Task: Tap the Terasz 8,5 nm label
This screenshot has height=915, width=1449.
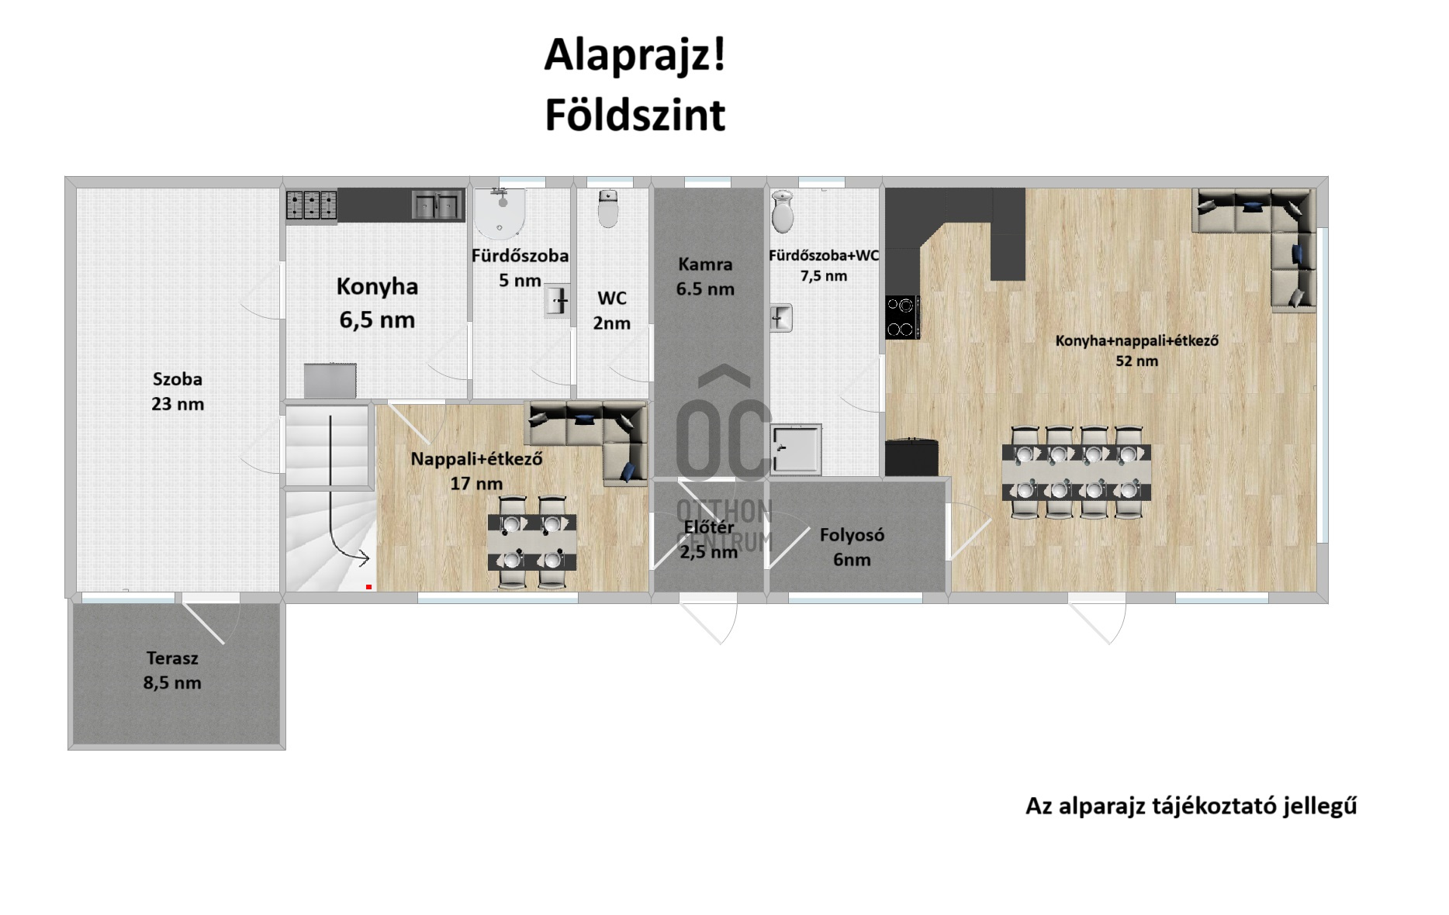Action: [x=172, y=670]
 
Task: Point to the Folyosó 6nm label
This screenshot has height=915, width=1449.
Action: [x=852, y=547]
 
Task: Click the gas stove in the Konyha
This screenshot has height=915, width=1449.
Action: [x=311, y=205]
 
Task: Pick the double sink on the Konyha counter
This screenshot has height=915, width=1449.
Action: [x=436, y=205]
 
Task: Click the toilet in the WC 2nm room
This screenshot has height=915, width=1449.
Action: [x=608, y=209]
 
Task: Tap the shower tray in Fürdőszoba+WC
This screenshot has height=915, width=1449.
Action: [x=797, y=449]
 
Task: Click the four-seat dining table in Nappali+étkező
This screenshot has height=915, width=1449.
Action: [x=532, y=540]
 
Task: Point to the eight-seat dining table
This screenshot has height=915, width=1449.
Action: [x=1077, y=471]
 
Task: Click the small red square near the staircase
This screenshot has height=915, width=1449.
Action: [x=368, y=587]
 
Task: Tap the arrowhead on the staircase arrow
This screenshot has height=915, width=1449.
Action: [x=363, y=555]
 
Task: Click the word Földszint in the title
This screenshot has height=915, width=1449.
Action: [x=635, y=116]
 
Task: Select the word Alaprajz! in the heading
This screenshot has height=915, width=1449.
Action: [x=635, y=56]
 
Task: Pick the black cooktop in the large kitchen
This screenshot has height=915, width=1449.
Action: [x=903, y=317]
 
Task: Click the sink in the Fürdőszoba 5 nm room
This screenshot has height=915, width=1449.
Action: [x=558, y=301]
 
